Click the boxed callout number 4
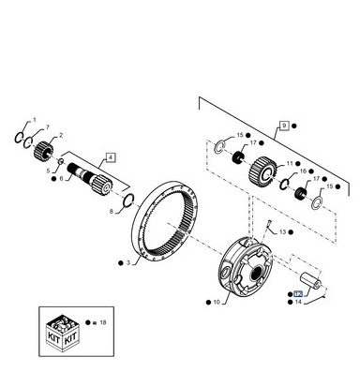coord(111,157)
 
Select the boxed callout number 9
coord(284,126)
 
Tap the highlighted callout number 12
coord(298,294)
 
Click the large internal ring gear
coord(165,219)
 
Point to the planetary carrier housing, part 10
coord(245,265)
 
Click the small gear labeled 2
coord(43,150)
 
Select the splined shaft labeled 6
coord(90,180)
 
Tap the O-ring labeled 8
coord(129,200)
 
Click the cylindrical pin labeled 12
coord(310,280)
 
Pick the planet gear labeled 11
coord(263,171)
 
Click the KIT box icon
coord(62,332)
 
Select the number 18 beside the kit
coord(103,322)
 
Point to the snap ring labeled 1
coord(19,138)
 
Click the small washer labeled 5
coord(61,161)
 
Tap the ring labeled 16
coord(285,184)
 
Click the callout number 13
coord(282,232)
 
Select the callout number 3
coord(128,263)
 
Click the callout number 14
coord(298,302)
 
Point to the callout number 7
coord(48,127)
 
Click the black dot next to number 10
coord(208,302)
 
